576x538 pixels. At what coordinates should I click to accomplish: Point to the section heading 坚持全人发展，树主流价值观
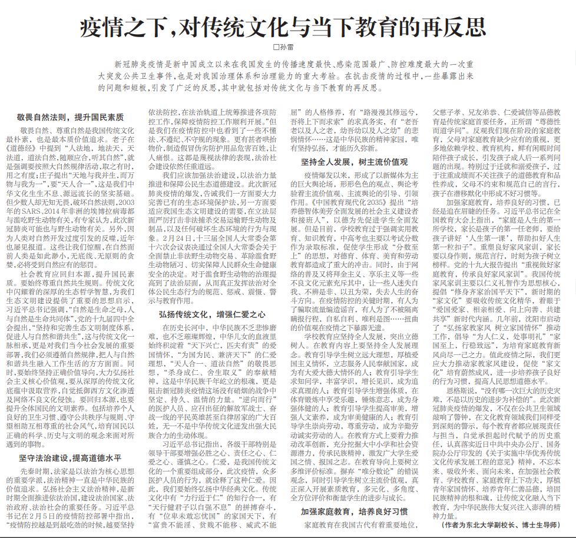pos(355,161)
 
